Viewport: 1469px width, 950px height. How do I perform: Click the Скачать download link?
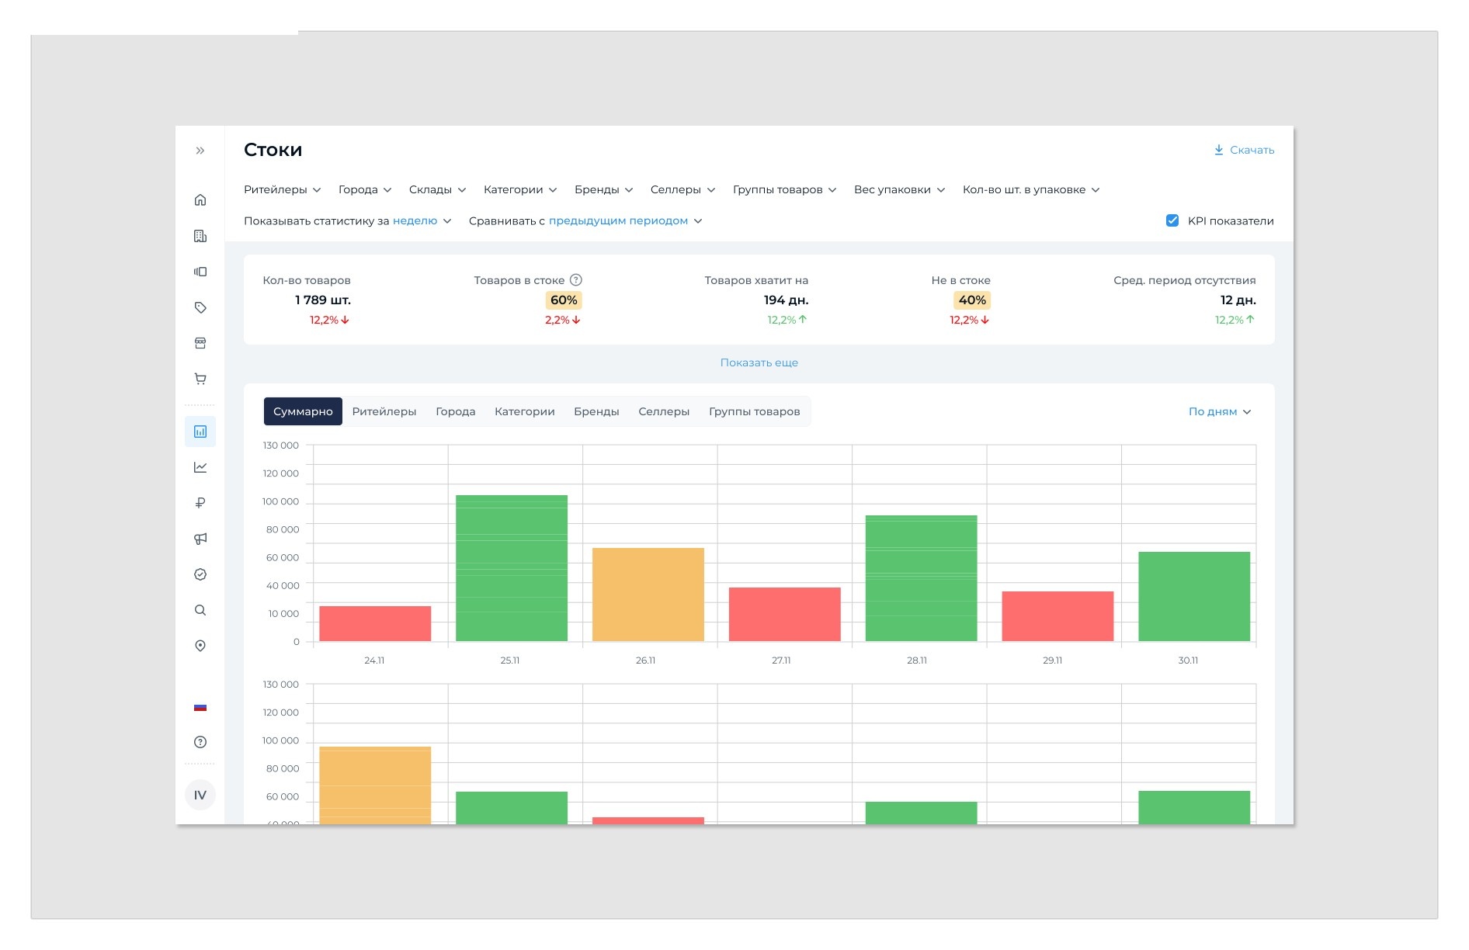tap(1244, 150)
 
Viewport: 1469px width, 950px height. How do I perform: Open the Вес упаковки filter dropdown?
tap(899, 189)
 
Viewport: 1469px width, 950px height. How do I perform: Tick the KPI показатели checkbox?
tap(1172, 220)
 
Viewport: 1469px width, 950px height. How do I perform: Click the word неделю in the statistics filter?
tap(415, 220)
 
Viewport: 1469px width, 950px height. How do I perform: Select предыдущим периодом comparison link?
tap(618, 221)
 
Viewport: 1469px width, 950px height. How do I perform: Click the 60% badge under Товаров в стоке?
tap(564, 300)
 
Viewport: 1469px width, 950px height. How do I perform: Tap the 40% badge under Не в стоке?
tap(972, 300)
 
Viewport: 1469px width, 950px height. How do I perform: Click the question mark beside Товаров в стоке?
tap(576, 279)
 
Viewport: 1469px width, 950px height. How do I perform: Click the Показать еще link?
tap(759, 362)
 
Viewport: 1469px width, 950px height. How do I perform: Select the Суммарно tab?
tap(303, 411)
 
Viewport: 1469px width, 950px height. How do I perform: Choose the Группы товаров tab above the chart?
tap(754, 411)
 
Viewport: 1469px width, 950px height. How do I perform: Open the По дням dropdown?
tap(1220, 411)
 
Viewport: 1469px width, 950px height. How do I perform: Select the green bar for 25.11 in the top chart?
tap(512, 568)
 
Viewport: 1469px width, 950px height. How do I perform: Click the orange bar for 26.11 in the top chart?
tap(648, 595)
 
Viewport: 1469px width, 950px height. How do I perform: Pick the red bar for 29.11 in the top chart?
tap(1057, 616)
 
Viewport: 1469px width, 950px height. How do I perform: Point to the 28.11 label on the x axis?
tap(917, 660)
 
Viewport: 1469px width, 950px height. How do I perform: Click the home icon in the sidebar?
tap(200, 199)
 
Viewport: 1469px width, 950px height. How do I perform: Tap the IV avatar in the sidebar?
tap(200, 795)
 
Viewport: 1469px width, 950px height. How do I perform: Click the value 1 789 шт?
tap(323, 300)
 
